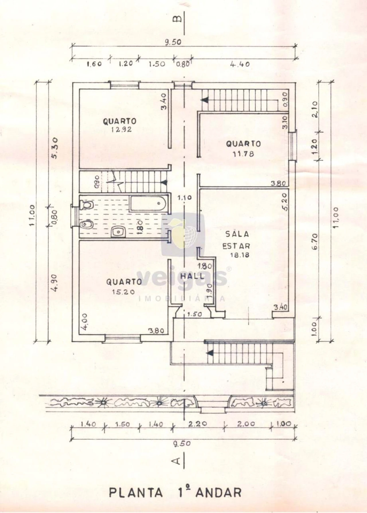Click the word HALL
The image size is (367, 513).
pyautogui.click(x=192, y=276)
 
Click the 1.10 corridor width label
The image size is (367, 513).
pyautogui.click(x=184, y=198)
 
